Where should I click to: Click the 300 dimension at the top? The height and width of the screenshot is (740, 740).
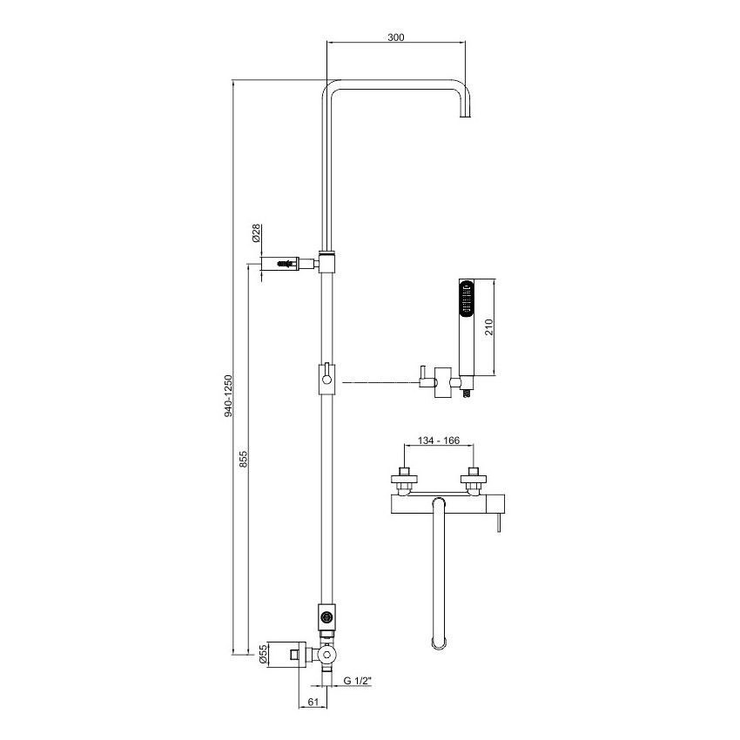click(396, 37)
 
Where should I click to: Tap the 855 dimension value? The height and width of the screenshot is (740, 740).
click(243, 459)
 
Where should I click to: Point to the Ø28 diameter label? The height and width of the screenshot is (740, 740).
click(256, 233)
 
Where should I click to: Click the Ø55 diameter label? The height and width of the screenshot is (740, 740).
click(263, 654)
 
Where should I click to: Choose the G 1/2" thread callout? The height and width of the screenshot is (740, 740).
click(357, 680)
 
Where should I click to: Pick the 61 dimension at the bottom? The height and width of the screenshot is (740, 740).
click(313, 702)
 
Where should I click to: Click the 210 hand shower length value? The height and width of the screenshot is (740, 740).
click(488, 327)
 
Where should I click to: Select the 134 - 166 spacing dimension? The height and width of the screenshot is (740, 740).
click(439, 441)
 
